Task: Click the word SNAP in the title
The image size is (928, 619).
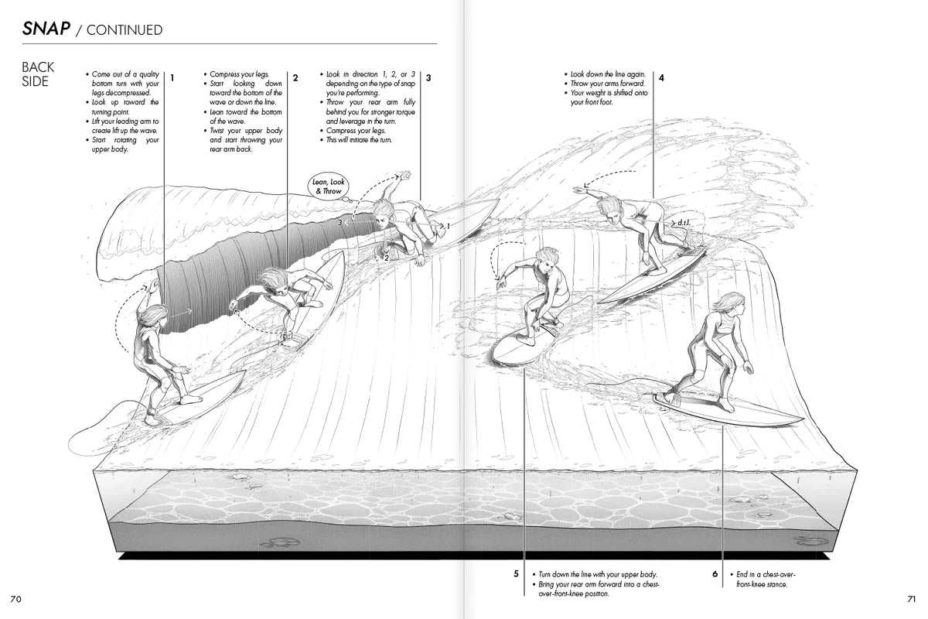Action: [46, 29]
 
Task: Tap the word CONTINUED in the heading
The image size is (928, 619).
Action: [125, 30]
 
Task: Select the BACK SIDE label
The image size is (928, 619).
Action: [38, 75]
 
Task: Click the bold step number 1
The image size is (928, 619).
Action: [172, 77]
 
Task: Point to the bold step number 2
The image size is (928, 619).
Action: [295, 77]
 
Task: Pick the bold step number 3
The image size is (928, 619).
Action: [428, 77]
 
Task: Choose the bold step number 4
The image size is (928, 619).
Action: [661, 77]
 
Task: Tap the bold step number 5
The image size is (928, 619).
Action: [516, 574]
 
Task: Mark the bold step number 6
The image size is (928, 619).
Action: [715, 574]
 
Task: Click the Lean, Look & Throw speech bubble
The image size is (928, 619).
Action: [327, 186]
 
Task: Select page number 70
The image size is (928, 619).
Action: [16, 599]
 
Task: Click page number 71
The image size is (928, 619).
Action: [911, 599]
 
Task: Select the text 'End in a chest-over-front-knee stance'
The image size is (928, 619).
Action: [766, 580]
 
